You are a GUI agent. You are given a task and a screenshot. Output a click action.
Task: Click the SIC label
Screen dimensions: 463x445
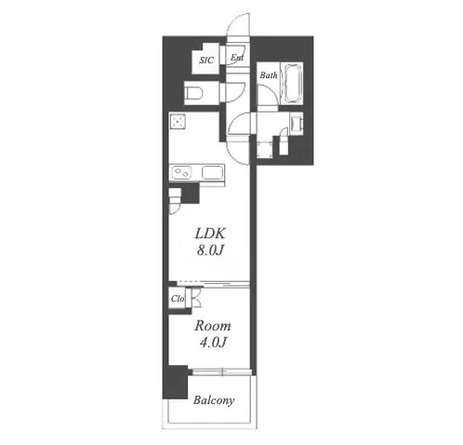206,60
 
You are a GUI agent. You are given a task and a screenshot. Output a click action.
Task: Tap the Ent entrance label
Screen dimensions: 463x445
237,58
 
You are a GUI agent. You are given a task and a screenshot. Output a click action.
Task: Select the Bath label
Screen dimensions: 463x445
269,74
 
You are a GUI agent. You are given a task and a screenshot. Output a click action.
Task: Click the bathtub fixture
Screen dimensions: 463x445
292,83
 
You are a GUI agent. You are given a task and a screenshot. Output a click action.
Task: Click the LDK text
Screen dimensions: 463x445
210,234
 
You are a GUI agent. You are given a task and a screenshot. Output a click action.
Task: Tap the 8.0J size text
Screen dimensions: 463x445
210,249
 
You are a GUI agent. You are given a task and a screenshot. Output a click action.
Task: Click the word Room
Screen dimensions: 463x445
213,326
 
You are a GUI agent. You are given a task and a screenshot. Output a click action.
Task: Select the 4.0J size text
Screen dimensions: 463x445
213,343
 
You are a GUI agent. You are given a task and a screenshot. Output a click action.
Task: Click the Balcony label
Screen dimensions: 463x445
214,400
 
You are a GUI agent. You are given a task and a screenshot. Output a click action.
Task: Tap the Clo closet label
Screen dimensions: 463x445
178,299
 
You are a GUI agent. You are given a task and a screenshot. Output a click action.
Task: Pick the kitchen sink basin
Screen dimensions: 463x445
213,172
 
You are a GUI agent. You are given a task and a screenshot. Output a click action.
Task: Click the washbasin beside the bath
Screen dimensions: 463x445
296,124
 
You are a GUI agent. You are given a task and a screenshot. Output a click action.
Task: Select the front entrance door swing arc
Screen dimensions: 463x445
238,24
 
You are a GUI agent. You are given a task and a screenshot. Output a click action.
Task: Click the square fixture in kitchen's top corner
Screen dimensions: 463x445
178,121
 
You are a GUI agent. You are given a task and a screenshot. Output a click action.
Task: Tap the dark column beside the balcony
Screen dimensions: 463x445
176,382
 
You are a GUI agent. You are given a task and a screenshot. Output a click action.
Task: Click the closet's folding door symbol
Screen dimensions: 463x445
195,298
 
